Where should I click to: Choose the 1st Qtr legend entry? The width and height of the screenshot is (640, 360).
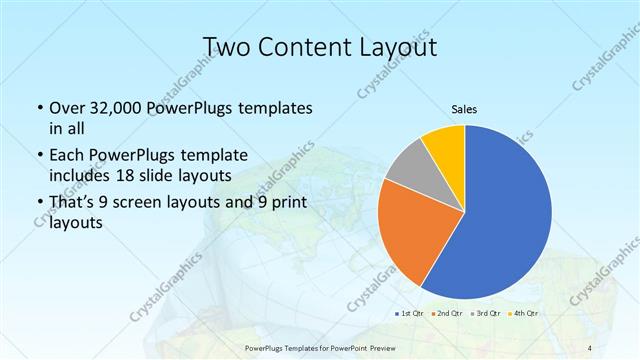click(x=407, y=313)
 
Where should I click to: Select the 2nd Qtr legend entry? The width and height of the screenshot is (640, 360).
click(x=447, y=313)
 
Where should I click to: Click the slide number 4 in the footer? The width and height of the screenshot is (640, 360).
click(x=588, y=347)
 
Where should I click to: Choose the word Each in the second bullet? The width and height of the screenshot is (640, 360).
click(x=67, y=155)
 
